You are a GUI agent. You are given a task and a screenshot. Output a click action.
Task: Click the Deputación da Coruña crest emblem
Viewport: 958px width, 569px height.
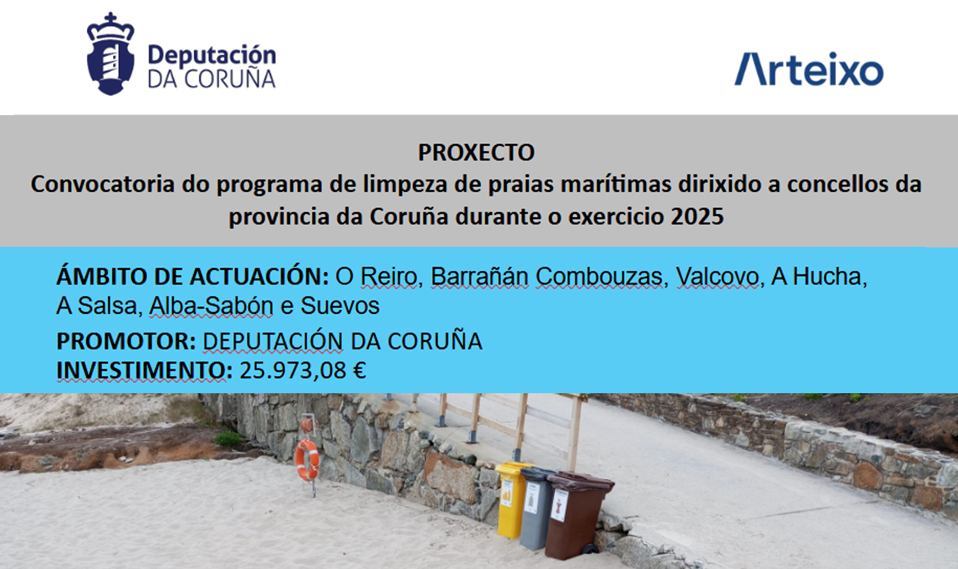tap(111, 54)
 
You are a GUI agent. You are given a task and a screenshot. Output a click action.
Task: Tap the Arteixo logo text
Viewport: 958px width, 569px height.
tap(808, 69)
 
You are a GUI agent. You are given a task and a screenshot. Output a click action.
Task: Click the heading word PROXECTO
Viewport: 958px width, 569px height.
tap(476, 152)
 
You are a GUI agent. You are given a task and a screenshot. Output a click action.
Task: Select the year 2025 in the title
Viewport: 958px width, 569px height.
tap(697, 216)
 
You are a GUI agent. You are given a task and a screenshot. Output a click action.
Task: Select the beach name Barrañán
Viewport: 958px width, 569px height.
tap(479, 276)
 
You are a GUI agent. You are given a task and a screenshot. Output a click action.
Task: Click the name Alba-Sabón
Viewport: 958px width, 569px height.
tap(211, 306)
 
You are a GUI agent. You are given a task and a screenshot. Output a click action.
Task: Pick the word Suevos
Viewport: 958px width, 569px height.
tap(340, 306)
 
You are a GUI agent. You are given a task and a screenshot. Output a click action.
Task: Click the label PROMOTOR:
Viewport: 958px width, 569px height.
tap(126, 341)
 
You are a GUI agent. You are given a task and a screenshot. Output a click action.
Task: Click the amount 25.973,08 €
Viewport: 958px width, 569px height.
tap(303, 370)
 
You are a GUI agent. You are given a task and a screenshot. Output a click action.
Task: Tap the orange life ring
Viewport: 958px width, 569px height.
tap(307, 460)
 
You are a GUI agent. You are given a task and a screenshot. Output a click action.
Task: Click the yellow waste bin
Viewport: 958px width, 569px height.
tap(511, 499)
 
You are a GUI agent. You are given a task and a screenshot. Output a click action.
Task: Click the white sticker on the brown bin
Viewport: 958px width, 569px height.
tap(559, 505)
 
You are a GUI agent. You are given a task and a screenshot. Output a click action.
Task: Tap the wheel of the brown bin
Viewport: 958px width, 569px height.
tap(591, 549)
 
